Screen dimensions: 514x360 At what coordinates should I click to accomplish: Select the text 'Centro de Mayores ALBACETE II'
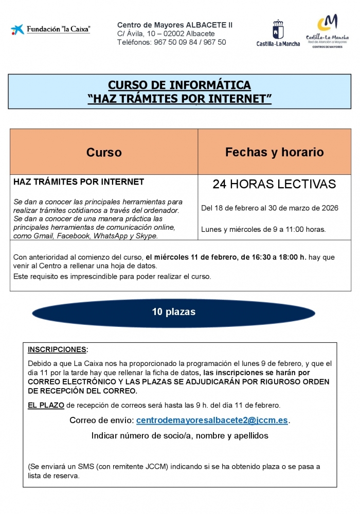click(175, 25)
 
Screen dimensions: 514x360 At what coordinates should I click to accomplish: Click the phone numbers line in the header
click(171, 42)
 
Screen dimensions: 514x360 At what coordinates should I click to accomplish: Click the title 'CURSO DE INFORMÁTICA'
click(179, 85)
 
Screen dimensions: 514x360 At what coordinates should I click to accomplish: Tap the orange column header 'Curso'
click(104, 152)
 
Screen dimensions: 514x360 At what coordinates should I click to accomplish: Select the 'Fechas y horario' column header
click(274, 152)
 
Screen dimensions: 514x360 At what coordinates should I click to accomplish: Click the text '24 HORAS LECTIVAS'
click(274, 184)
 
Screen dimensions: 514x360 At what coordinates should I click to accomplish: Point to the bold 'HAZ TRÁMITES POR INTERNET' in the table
click(79, 182)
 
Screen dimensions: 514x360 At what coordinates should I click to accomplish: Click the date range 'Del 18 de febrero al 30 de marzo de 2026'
click(269, 208)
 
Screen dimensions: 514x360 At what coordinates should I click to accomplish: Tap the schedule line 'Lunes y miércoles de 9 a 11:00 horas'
click(263, 229)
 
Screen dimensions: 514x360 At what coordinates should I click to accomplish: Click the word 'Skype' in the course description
click(147, 235)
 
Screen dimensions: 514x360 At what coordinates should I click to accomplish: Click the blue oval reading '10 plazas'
click(173, 312)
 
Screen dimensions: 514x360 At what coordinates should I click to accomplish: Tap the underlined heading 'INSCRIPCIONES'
click(57, 350)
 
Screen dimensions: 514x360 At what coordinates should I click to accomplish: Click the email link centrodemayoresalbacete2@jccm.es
click(212, 420)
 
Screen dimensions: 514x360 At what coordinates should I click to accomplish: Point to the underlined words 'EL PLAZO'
click(46, 405)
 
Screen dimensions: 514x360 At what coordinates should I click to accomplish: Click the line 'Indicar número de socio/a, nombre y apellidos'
click(179, 435)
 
